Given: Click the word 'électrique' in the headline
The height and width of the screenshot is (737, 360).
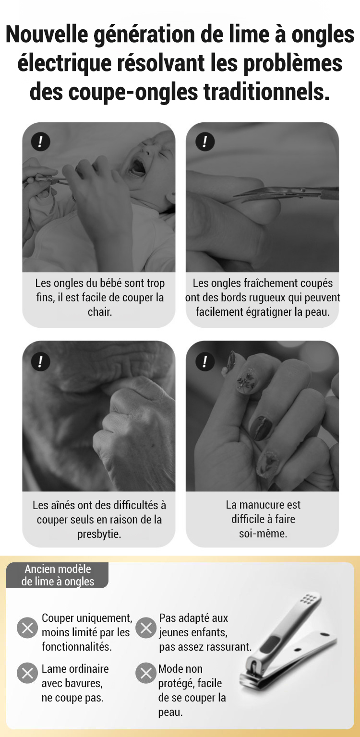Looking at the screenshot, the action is coord(64,64).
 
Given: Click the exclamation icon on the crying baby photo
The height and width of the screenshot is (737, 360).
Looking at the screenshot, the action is coord(40,142).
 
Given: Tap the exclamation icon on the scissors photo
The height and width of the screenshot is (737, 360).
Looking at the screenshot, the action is coord(204,142).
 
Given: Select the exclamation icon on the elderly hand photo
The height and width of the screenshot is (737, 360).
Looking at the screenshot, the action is coord(40,362).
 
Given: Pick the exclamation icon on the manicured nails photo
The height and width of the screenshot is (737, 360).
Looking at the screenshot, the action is coord(204,362).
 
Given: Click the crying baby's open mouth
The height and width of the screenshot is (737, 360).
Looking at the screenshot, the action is coord(137,167).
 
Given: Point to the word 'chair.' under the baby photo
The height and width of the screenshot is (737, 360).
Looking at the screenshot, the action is coord(100,312).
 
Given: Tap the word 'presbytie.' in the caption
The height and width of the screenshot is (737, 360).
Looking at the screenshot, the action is coord(99,534).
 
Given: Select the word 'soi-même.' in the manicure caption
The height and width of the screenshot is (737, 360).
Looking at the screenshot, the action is coord(263,534).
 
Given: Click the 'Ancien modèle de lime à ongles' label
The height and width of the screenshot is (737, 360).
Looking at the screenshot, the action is coord(58,575).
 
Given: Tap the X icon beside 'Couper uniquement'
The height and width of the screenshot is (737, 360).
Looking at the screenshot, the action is coord(27,628).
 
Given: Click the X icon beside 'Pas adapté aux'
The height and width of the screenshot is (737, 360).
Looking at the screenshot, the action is coord(146,628).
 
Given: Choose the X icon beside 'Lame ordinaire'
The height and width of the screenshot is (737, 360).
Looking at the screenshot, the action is coord(27,673).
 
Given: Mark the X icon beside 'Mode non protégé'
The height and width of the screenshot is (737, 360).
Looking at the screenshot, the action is coord(146,673).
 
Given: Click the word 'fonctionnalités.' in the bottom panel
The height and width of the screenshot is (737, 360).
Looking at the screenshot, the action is coord(77,646).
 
